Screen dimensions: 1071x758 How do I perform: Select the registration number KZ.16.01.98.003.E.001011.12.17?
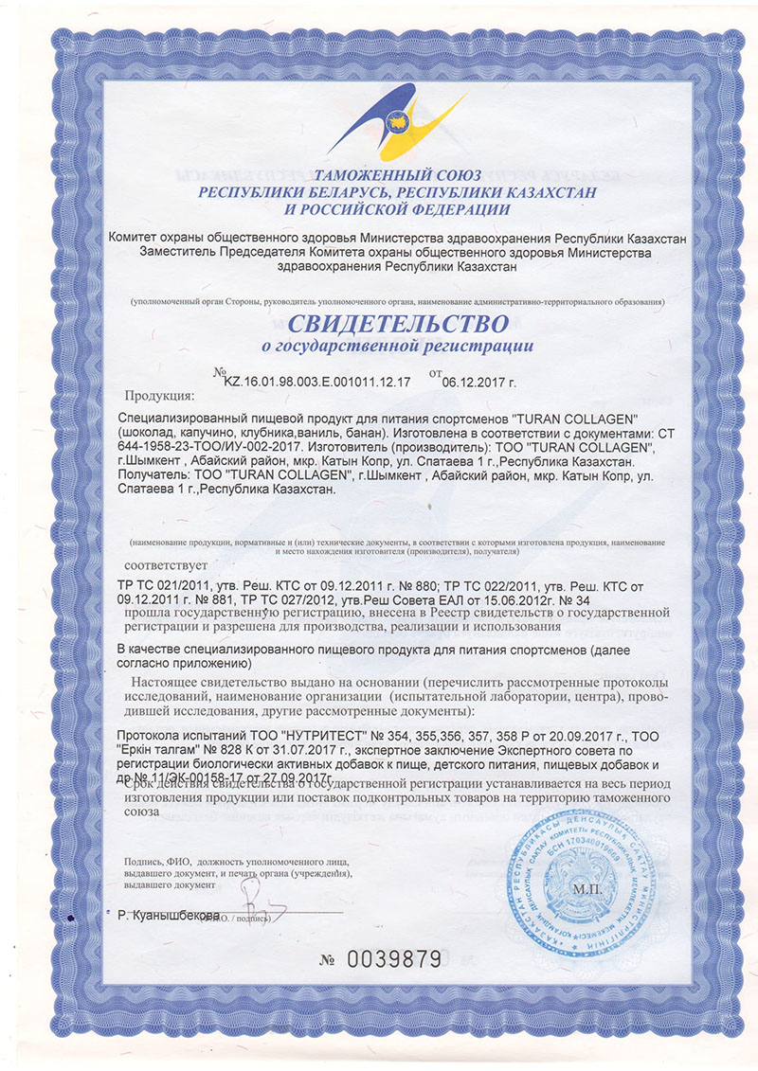[316, 383]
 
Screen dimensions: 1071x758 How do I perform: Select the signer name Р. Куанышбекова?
[169, 916]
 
